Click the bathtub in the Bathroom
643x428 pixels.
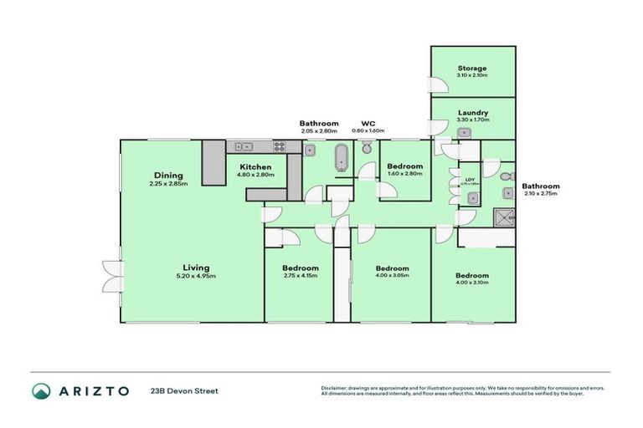tap(340, 157)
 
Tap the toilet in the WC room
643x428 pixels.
tap(367, 149)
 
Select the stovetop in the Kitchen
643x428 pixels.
tap(279, 146)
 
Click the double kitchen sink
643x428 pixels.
tap(242, 146)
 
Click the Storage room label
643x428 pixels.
tap(472, 69)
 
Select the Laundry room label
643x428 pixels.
tap(473, 113)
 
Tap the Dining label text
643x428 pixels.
tap(168, 175)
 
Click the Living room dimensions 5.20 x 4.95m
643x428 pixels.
tap(196, 276)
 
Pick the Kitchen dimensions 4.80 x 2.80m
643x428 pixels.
tap(255, 175)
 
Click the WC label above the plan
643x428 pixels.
tap(367, 123)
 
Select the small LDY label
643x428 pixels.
tap(470, 178)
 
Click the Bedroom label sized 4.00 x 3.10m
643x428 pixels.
tap(471, 276)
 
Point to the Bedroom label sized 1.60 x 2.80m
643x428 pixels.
tap(404, 166)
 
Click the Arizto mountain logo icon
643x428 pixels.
tap(42, 390)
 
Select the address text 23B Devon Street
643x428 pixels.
tap(184, 390)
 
